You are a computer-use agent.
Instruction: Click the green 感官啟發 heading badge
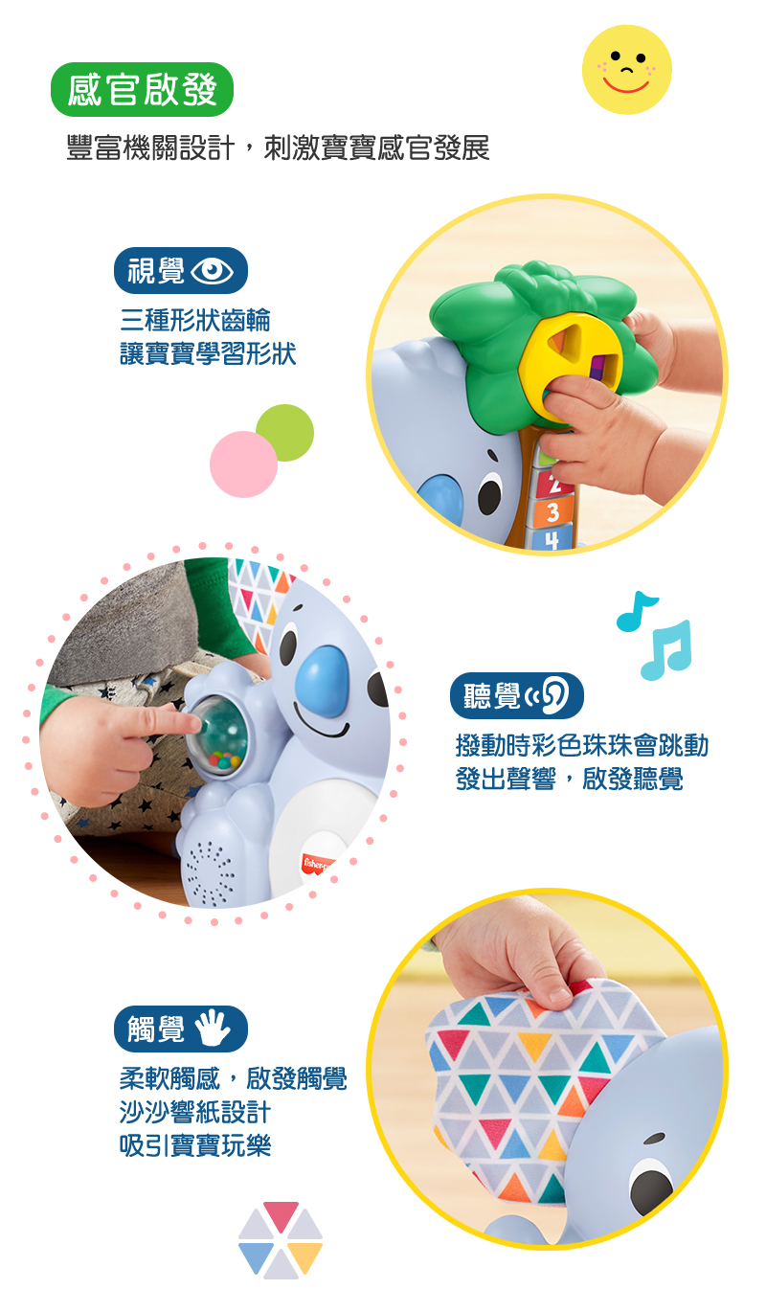click(143, 90)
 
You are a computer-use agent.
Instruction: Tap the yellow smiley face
click(626, 69)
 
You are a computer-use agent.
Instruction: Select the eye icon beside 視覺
click(212, 271)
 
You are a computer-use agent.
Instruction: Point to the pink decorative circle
click(243, 464)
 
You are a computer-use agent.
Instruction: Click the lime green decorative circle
click(285, 433)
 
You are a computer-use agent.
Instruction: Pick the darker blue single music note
click(636, 612)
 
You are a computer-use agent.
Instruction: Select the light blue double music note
click(667, 650)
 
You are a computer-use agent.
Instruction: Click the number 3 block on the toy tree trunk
click(552, 513)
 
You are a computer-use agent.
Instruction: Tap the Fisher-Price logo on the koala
click(319, 864)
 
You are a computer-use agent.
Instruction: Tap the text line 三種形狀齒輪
click(195, 320)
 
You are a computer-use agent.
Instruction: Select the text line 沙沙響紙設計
click(195, 1112)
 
